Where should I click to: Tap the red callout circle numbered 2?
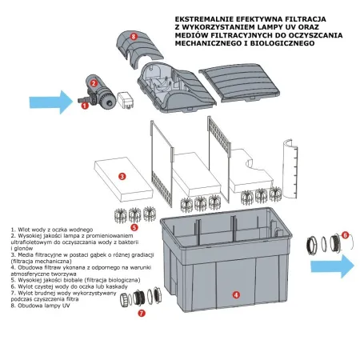[94, 82]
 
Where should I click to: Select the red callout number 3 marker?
[120, 175]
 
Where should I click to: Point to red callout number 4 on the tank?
[235, 294]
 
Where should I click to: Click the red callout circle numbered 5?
[134, 227]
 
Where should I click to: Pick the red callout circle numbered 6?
[345, 235]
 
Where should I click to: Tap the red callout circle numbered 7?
[142, 314]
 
